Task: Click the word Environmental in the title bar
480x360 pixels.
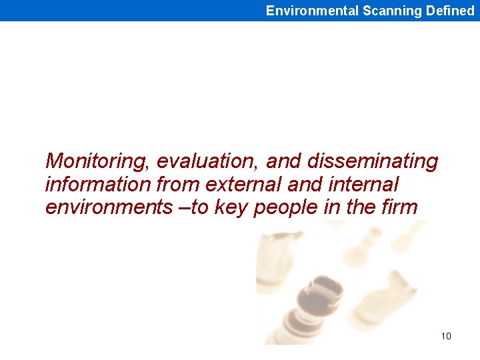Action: pyautogui.click(x=312, y=11)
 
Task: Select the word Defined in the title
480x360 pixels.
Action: pyautogui.click(x=450, y=11)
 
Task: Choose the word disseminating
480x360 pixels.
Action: pyautogui.click(x=373, y=161)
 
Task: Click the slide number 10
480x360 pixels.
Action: pyautogui.click(x=446, y=336)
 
